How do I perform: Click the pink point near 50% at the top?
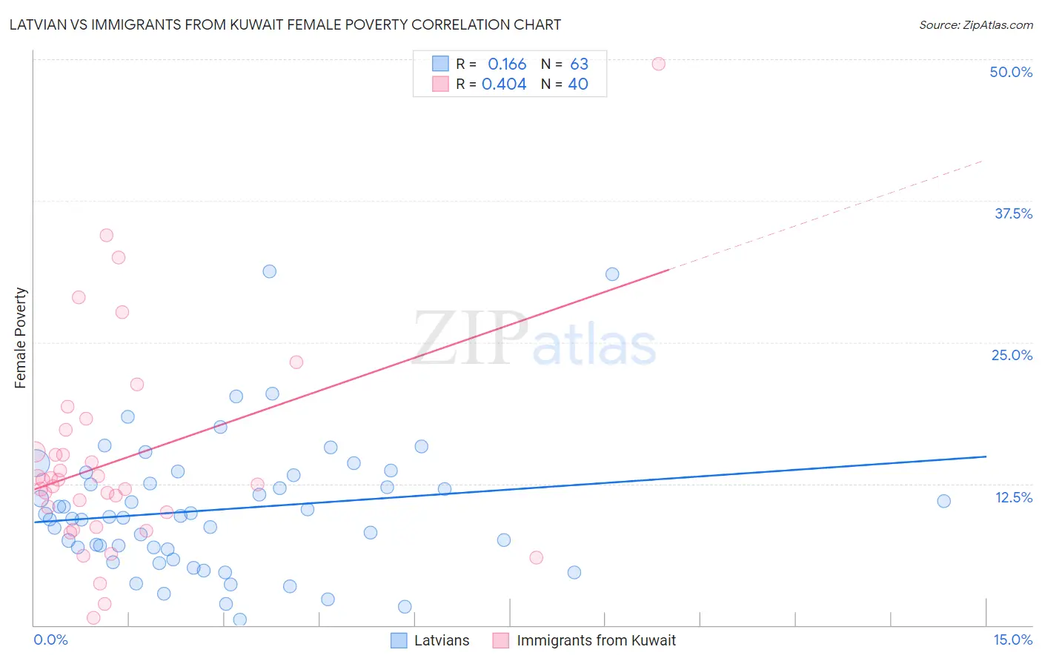[658, 64]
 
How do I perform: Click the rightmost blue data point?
[943, 501]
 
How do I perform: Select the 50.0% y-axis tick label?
[1011, 72]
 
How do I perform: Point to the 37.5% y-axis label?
[1013, 213]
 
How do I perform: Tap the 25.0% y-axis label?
[1012, 355]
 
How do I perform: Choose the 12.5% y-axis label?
[1013, 497]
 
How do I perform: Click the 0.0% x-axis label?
[50, 640]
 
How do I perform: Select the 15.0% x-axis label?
[1012, 640]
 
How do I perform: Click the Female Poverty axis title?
[21, 338]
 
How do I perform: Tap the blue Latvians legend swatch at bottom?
[399, 640]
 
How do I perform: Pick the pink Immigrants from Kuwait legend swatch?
[501, 640]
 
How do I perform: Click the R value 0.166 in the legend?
[507, 64]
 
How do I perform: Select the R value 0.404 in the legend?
[504, 84]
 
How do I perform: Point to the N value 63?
[579, 64]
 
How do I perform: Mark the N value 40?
[578, 84]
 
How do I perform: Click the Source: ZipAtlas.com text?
[975, 24]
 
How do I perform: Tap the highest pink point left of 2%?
[106, 235]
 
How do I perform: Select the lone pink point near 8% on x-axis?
[536, 557]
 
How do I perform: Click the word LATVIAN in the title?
[38, 24]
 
